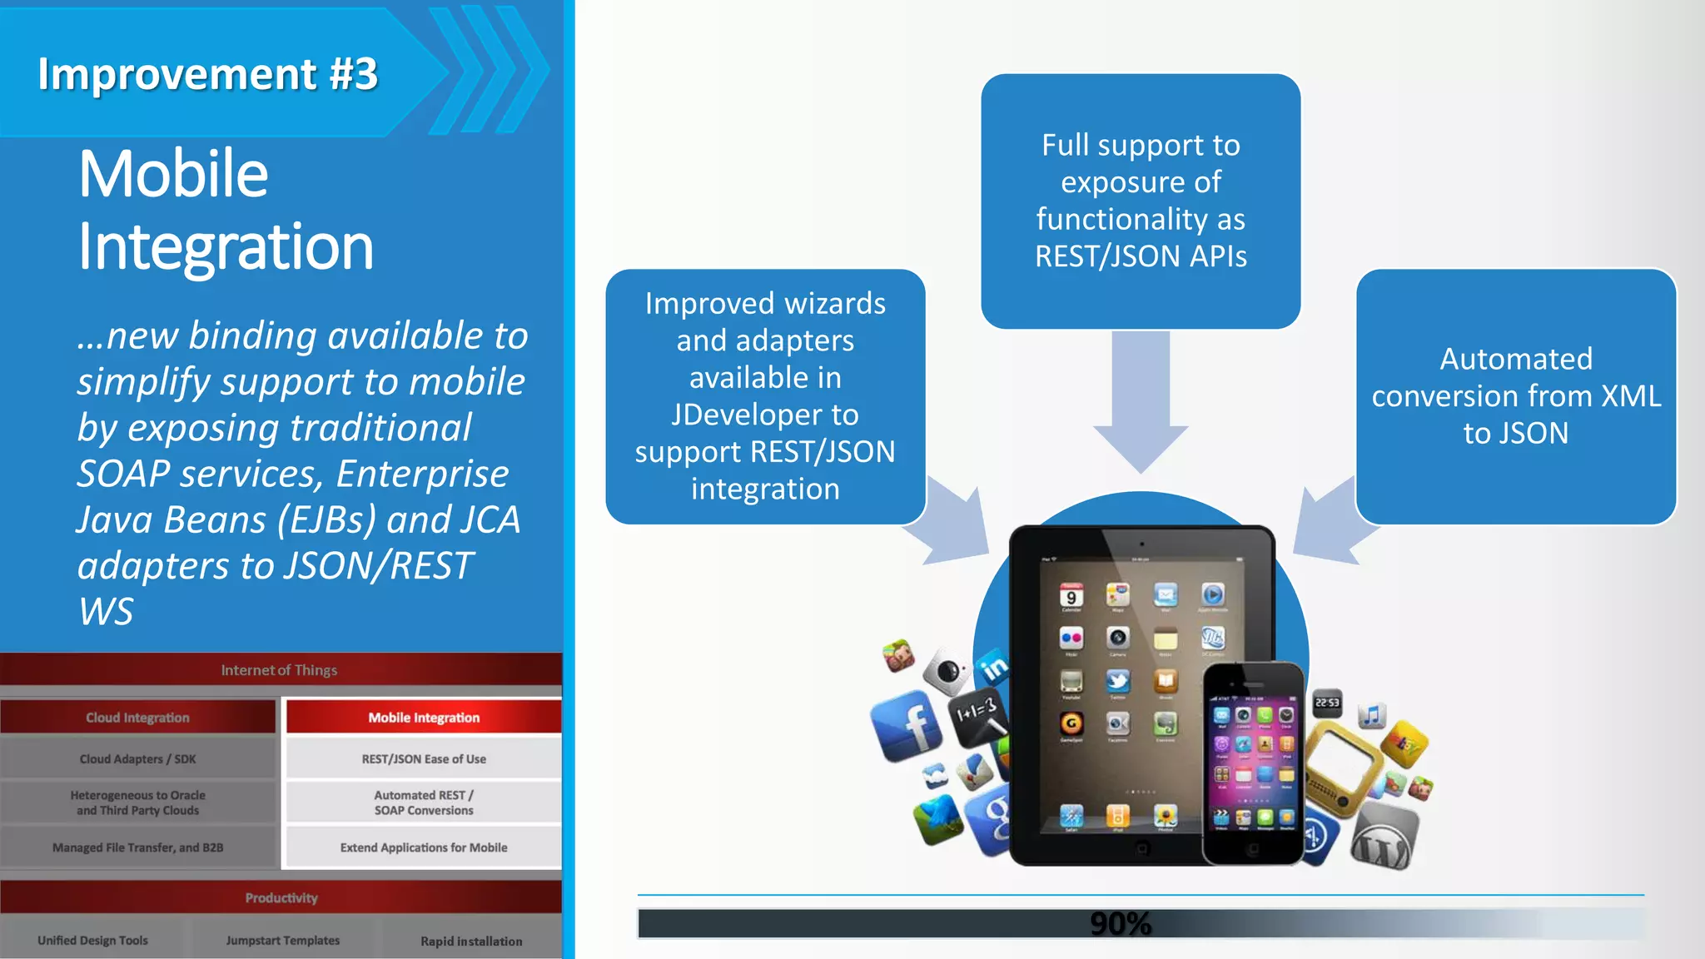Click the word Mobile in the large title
[173, 174]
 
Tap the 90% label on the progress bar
[1120, 923]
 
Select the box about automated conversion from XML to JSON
[1515, 396]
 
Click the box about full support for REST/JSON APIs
[1140, 201]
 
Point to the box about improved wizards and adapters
[764, 396]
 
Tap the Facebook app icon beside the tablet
[907, 725]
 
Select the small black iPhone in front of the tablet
[1253, 762]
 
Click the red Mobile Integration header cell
[424, 717]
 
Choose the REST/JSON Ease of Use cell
[424, 758]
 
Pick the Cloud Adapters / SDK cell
[137, 758]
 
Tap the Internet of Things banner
[280, 669]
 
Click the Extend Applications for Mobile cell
[424, 847]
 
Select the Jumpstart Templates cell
[283, 940]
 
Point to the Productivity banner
[281, 897]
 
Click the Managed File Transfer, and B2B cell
[137, 847]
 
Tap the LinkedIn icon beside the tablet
[993, 667]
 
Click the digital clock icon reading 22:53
[1327, 703]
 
